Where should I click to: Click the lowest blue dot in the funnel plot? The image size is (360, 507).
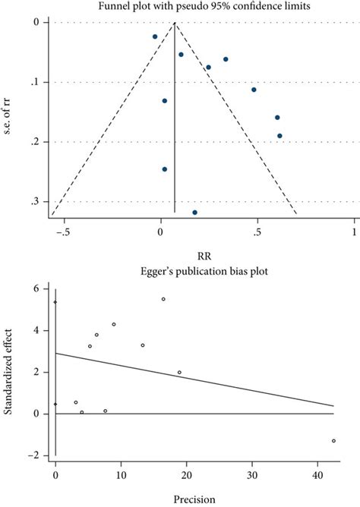pos(195,213)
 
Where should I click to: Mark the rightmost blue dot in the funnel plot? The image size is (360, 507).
pos(279,136)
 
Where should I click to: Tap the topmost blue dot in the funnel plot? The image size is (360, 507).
pos(155,36)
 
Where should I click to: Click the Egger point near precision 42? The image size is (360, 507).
pos(333,441)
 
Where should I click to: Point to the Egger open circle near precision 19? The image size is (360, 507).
pos(179,373)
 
